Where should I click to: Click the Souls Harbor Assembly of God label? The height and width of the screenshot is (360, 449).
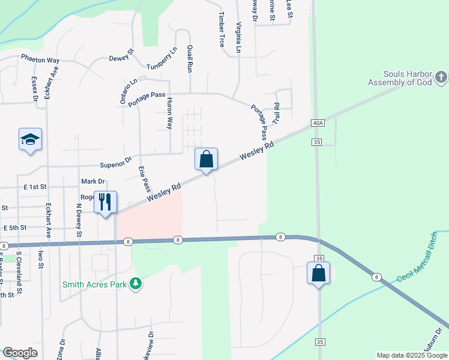(x=400, y=78)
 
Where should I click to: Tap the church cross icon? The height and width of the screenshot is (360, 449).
(x=441, y=77)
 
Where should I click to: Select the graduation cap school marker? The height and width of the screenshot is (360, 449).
(x=31, y=140)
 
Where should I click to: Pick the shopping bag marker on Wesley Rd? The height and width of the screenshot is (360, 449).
(x=206, y=160)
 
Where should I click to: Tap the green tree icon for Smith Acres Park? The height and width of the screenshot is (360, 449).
(x=136, y=283)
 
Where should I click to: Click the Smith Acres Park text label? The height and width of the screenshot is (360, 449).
(x=94, y=284)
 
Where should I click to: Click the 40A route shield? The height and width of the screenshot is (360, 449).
(x=318, y=123)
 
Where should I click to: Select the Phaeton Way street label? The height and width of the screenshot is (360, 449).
(x=40, y=60)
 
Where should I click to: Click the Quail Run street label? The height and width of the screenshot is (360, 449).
(x=190, y=58)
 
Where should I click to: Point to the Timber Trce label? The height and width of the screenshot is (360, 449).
(x=221, y=29)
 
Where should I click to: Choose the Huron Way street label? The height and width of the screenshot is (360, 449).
(x=170, y=113)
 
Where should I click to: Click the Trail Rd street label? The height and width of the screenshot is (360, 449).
(x=277, y=113)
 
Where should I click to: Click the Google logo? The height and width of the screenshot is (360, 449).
(x=20, y=353)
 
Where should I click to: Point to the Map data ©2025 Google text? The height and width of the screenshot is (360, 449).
(x=411, y=355)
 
